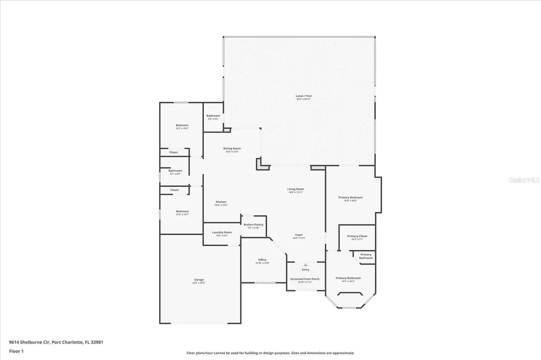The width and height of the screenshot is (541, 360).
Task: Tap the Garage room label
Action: tap(199, 280)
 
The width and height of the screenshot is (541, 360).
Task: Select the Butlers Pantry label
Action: tap(254, 224)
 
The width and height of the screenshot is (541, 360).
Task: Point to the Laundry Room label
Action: tap(222, 232)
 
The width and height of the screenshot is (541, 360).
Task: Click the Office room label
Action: tap(263, 260)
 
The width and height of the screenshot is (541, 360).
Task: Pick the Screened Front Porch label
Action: tap(305, 279)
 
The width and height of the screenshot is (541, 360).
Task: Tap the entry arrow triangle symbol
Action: tap(305, 264)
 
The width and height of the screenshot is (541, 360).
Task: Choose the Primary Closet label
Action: tap(357, 236)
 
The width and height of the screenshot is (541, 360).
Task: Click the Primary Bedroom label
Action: tap(350, 197)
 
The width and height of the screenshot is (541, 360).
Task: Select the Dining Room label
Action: tap(233, 149)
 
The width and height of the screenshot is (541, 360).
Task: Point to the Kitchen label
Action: tap(221, 203)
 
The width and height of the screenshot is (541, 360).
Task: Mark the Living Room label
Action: tap(296, 189)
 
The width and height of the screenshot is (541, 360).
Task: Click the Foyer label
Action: tap(299, 235)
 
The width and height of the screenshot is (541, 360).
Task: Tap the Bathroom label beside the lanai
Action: tap(213, 116)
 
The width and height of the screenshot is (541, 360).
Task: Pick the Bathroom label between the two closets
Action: tap(175, 171)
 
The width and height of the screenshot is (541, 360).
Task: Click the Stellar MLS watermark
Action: tap(523, 179)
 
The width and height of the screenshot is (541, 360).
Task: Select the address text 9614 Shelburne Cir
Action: tap(29, 342)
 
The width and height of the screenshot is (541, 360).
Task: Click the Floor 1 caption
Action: tap(16, 350)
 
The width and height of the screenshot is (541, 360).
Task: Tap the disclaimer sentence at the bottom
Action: tap(270, 353)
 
